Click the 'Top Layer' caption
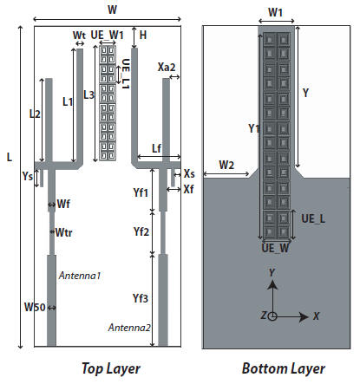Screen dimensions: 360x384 click(x=111, y=369)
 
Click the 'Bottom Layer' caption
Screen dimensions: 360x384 click(x=284, y=369)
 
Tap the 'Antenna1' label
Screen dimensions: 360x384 click(x=80, y=276)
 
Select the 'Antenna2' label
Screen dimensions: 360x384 click(x=129, y=328)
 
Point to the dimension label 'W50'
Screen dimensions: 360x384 click(x=35, y=307)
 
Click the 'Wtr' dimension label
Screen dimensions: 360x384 click(x=63, y=232)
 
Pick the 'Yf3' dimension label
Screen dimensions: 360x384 click(x=141, y=298)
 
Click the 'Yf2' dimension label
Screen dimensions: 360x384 click(x=141, y=231)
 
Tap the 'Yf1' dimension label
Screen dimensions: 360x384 click(x=141, y=192)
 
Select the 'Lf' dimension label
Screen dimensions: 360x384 click(x=156, y=148)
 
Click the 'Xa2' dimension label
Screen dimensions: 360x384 click(x=167, y=68)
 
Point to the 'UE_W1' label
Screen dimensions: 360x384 click(x=107, y=35)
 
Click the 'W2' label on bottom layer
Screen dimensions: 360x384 click(x=226, y=165)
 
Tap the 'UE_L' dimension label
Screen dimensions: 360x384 click(x=313, y=218)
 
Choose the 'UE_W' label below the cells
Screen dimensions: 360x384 click(x=275, y=248)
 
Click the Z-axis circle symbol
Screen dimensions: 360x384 click(x=272, y=316)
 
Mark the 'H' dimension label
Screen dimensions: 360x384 click(x=143, y=36)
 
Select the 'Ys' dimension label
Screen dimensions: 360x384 click(x=28, y=176)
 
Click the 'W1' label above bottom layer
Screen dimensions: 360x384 click(x=275, y=12)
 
